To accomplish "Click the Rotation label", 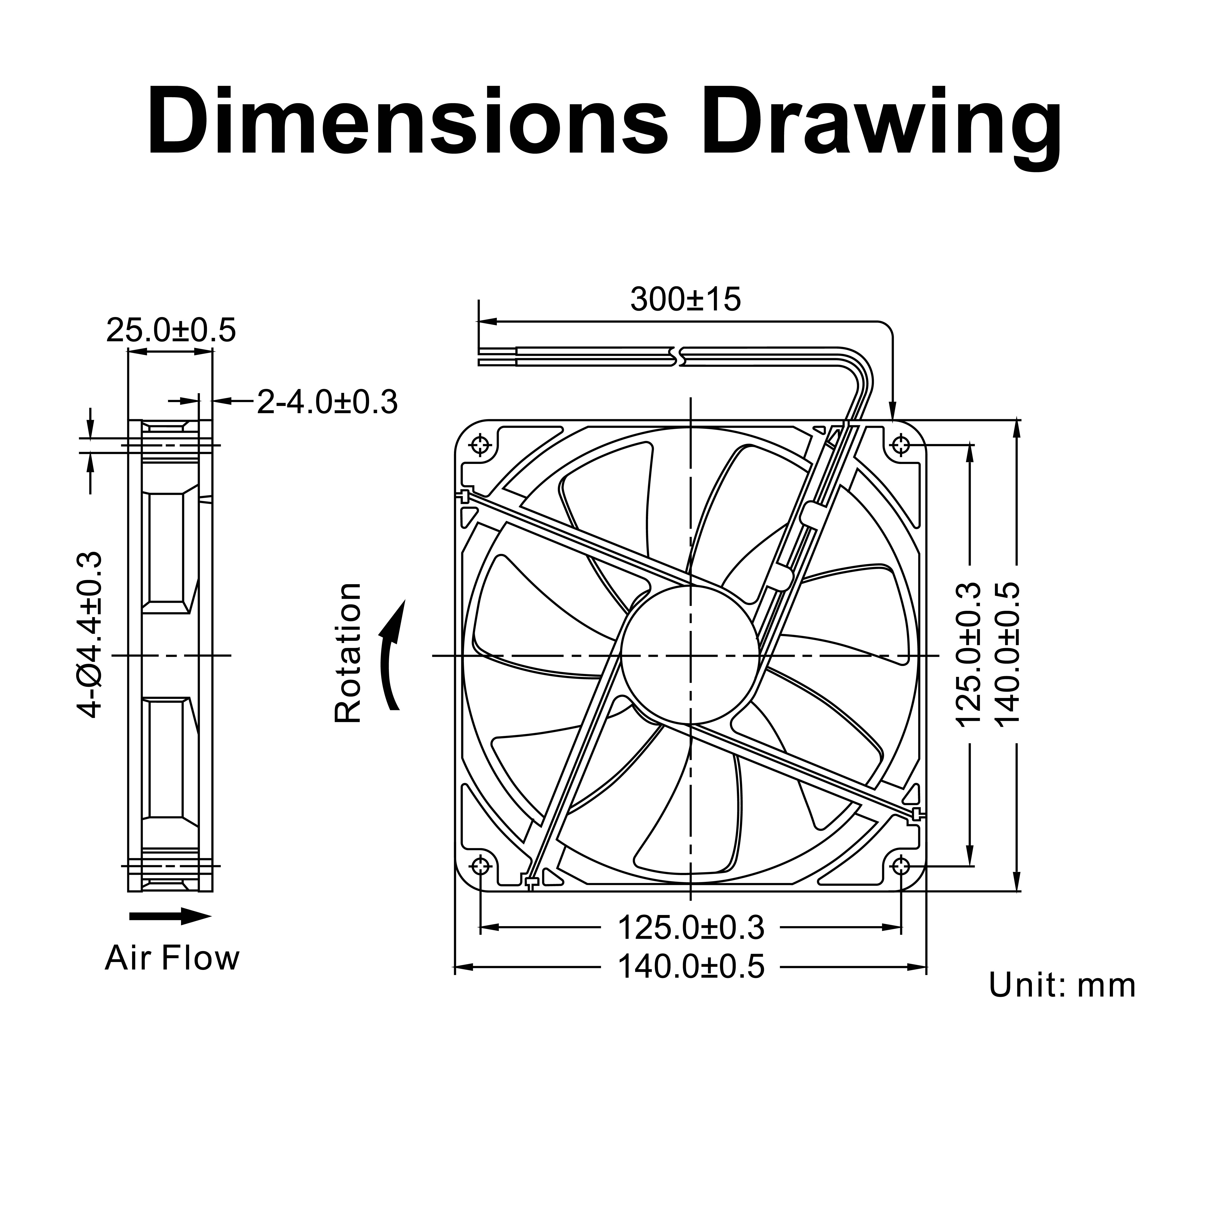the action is click(348, 653).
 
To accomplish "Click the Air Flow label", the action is click(172, 958).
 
